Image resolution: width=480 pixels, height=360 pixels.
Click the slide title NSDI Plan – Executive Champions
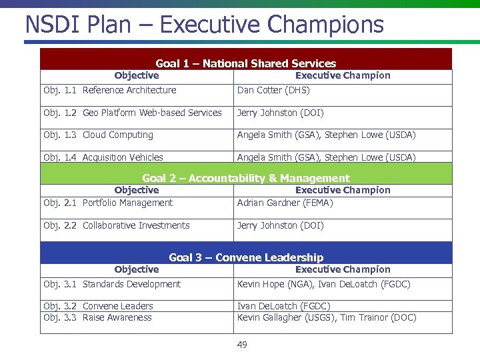pyautogui.click(x=204, y=25)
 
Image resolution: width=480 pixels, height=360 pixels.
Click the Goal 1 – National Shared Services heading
pyautogui.click(x=245, y=63)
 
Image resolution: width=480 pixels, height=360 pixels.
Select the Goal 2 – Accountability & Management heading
pyautogui.click(x=245, y=178)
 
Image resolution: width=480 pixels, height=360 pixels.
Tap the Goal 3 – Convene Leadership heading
pyautogui.click(x=245, y=257)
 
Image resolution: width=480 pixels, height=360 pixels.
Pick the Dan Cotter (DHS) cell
pyautogui.click(x=273, y=90)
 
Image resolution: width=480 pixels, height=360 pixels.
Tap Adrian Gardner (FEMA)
pyautogui.click(x=285, y=203)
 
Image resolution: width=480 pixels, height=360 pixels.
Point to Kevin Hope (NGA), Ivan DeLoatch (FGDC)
pyautogui.click(x=323, y=284)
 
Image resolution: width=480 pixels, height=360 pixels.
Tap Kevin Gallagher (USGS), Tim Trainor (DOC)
pyautogui.click(x=327, y=317)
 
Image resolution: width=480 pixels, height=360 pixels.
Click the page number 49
pyautogui.click(x=242, y=345)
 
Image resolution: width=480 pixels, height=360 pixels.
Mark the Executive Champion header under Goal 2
pyautogui.click(x=343, y=190)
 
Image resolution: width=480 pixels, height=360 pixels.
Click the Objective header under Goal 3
pyautogui.click(x=137, y=269)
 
